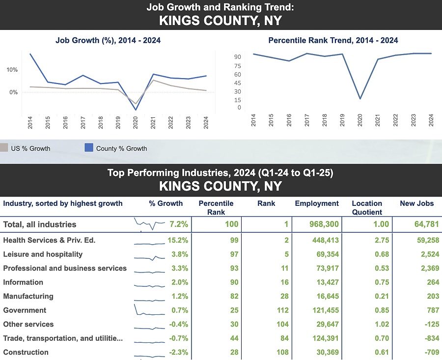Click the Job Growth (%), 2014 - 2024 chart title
point(108,40)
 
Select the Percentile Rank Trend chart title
point(333,40)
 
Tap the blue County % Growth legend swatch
point(89,148)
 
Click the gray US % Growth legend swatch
point(4,148)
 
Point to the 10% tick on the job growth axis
point(12,70)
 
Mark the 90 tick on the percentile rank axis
point(238,57)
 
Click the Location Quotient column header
point(367,208)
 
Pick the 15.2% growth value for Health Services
point(177,240)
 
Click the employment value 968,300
point(324,224)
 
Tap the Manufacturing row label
point(28,296)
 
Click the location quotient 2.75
point(381,240)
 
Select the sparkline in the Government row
point(149,310)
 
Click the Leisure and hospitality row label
point(43,254)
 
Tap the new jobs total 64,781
point(423,224)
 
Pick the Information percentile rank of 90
point(234,282)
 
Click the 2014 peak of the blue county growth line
point(30,54)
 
